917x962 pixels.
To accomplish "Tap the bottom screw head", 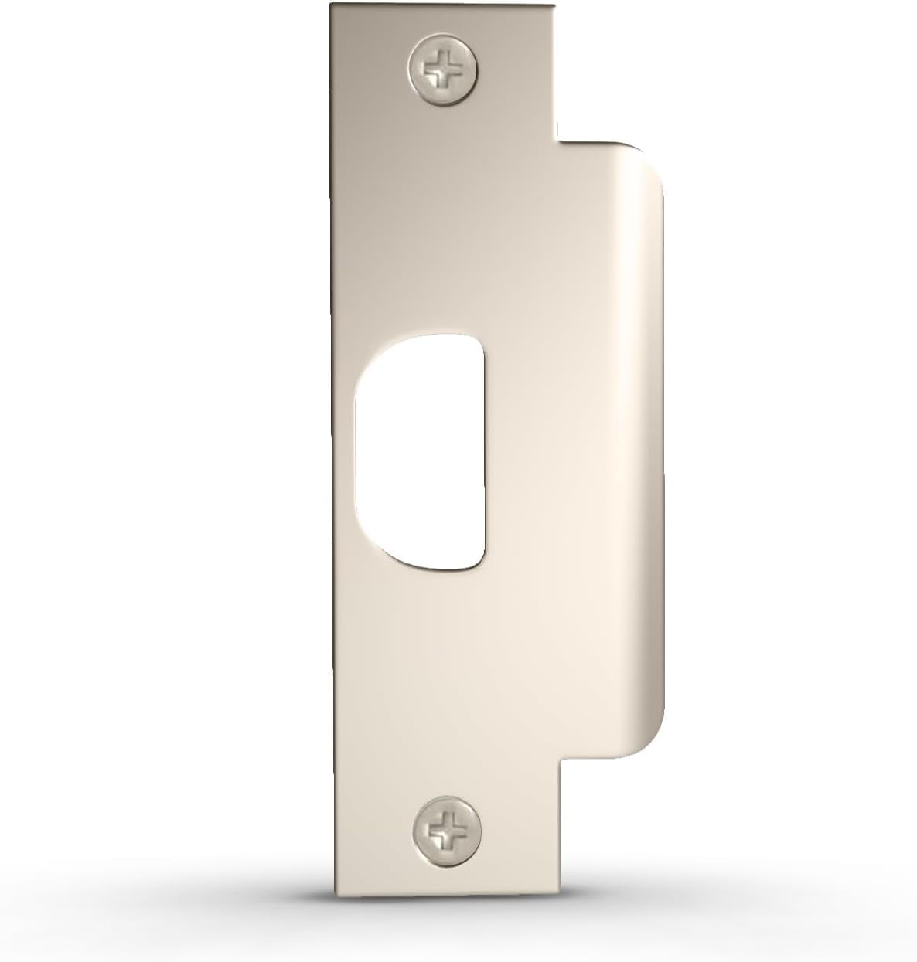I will [x=444, y=833].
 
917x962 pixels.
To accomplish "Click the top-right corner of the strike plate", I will [x=554, y=6].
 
